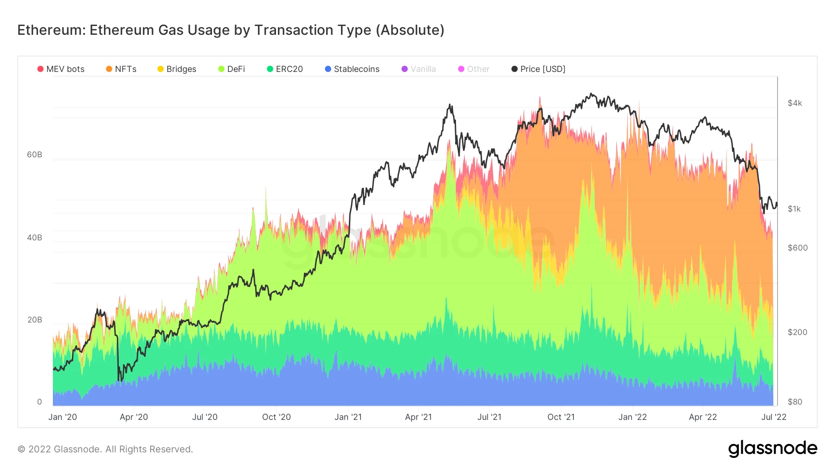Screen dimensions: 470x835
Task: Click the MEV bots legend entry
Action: point(61,69)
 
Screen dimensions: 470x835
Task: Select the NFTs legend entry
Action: point(121,69)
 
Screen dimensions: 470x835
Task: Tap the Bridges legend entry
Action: point(177,69)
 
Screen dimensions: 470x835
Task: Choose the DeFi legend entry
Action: point(231,69)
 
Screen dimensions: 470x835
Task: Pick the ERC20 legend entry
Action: point(285,69)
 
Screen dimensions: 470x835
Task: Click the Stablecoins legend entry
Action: point(352,69)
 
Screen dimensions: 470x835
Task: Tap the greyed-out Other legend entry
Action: point(474,69)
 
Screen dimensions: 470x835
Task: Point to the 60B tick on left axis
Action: point(34,155)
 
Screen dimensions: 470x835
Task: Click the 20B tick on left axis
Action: point(34,320)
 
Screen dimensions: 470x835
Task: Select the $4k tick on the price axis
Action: point(795,103)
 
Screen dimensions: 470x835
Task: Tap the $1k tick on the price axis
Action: point(794,209)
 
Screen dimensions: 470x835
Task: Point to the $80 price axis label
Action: point(795,402)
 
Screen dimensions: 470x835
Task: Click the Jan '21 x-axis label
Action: point(348,417)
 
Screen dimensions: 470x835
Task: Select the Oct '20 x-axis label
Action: point(276,417)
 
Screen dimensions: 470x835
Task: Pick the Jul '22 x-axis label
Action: point(774,417)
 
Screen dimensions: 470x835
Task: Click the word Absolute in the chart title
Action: point(410,30)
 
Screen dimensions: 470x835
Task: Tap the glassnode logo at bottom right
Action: point(772,449)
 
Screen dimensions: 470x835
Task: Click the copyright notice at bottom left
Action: point(105,449)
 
